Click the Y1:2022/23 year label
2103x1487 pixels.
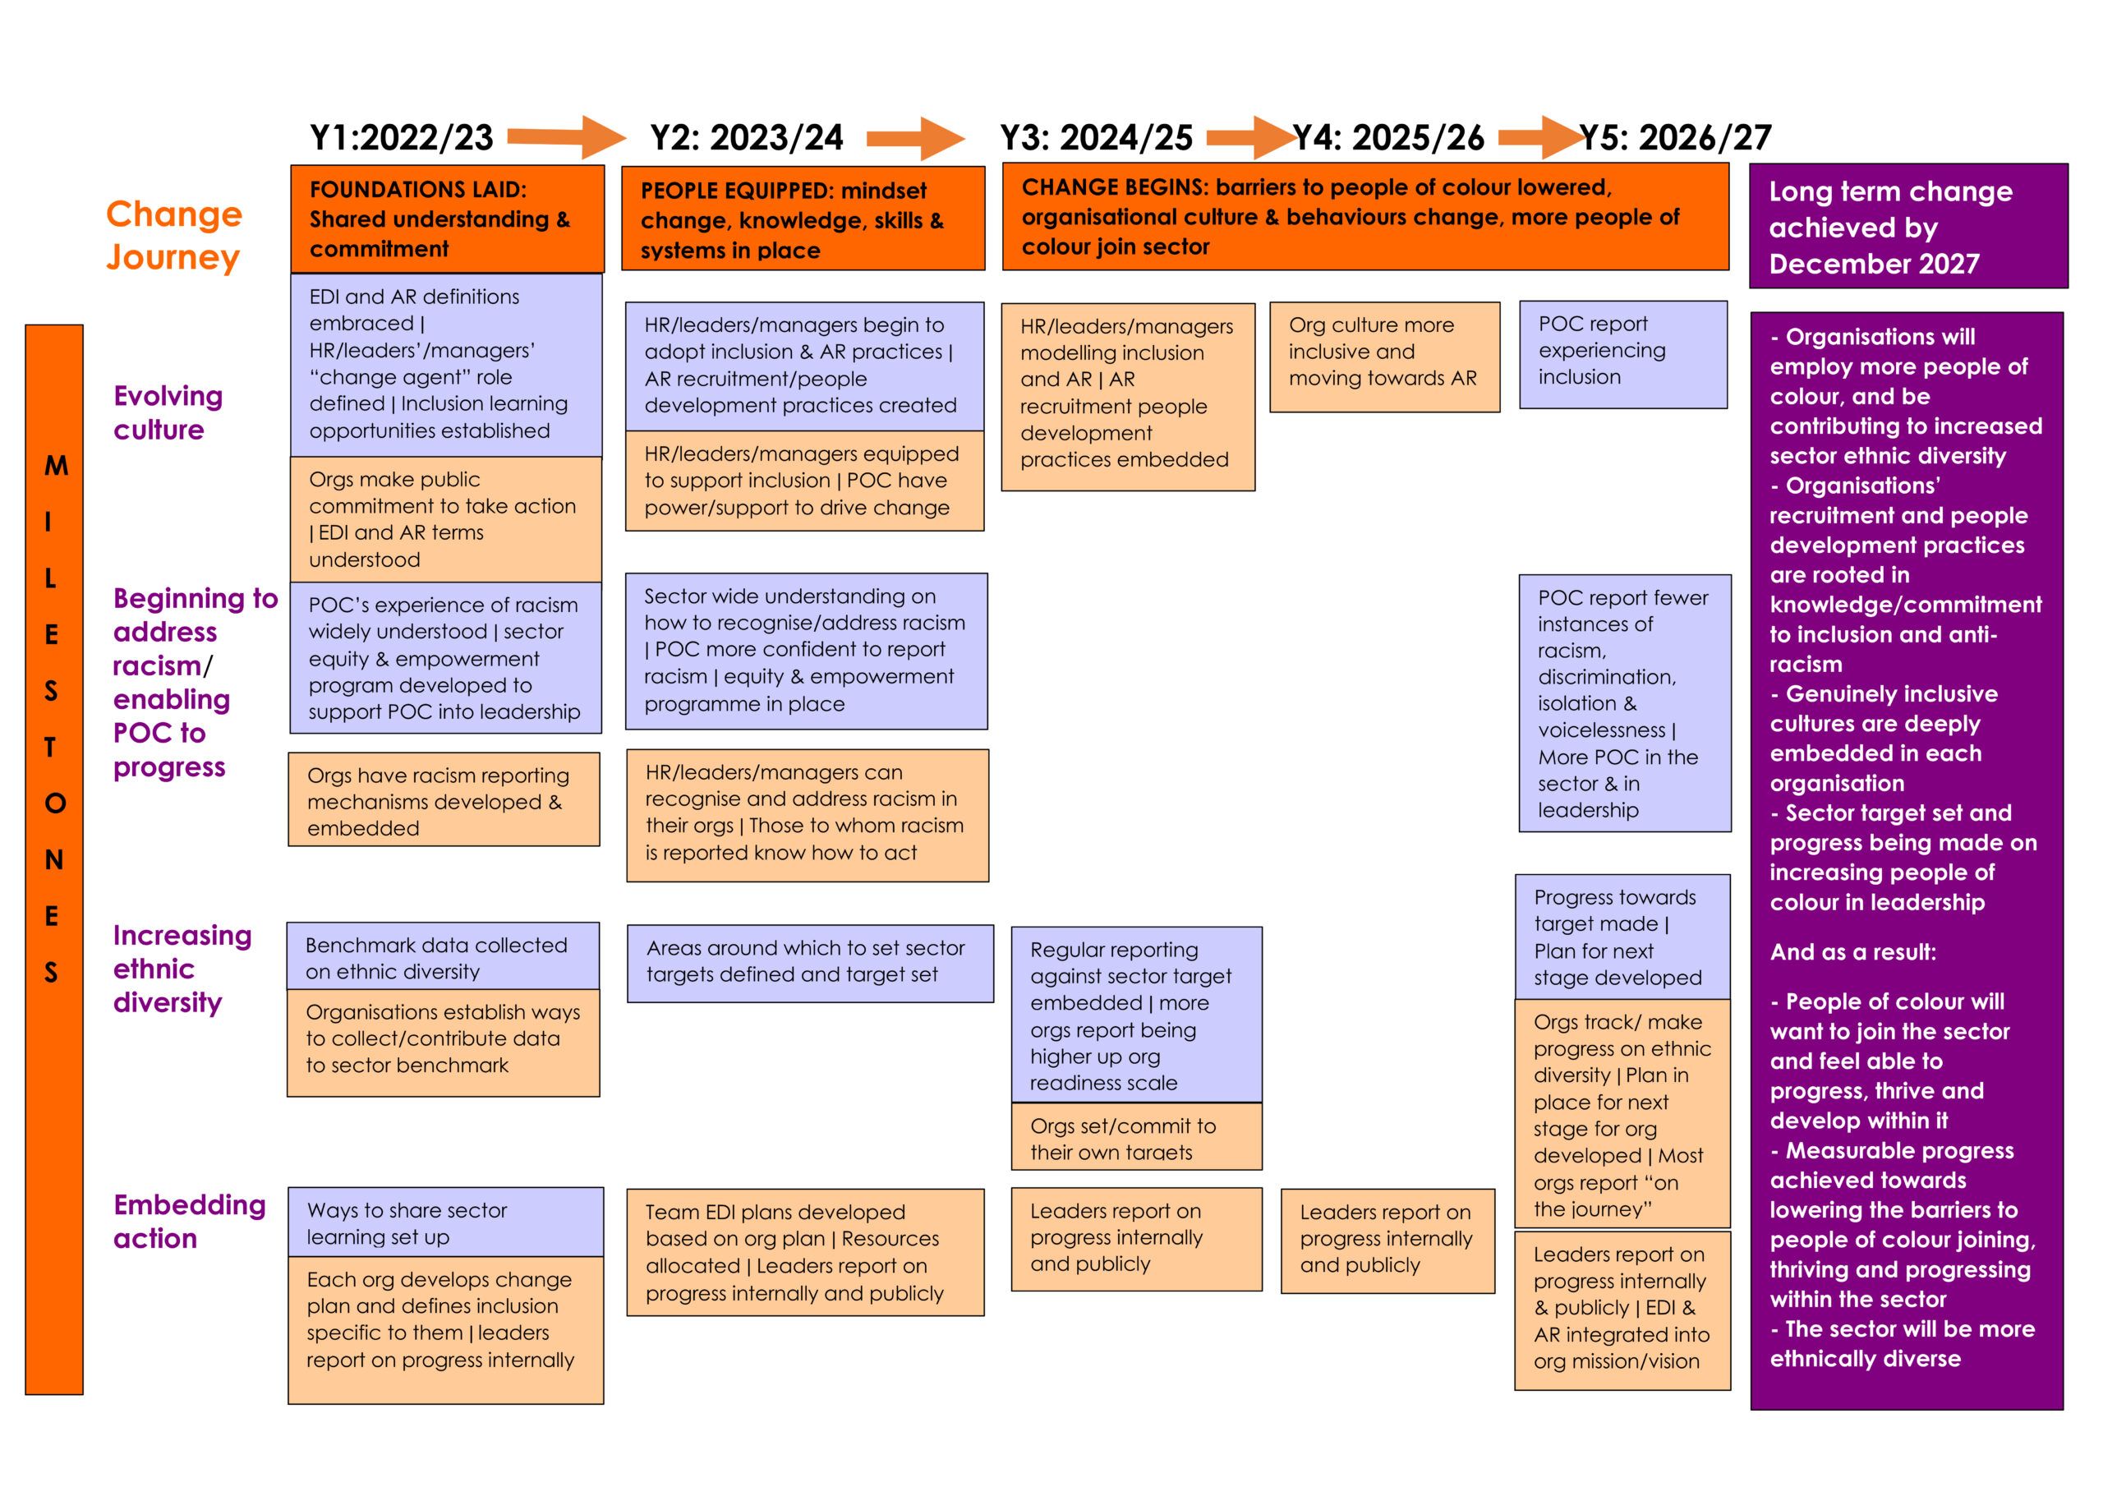click(x=401, y=137)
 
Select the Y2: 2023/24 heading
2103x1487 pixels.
click(x=747, y=137)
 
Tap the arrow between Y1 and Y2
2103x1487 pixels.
click(x=567, y=137)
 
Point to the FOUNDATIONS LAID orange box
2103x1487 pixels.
click(x=448, y=219)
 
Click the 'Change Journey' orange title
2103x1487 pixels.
click(x=174, y=236)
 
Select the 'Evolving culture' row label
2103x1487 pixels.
click(x=168, y=412)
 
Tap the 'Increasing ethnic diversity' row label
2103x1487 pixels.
click(x=182, y=969)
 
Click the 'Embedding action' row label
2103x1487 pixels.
click(x=190, y=1222)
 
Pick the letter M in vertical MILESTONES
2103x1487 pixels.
click(x=56, y=466)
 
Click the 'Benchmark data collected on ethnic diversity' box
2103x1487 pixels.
click(x=444, y=956)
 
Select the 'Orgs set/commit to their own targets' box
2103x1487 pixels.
click(x=1137, y=1137)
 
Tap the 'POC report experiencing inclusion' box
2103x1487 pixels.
click(x=1623, y=355)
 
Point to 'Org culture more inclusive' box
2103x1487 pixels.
click(x=1385, y=357)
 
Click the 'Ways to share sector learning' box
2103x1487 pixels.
click(x=446, y=1222)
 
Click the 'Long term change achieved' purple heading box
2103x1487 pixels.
click(x=1909, y=226)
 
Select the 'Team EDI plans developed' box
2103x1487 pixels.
click(x=805, y=1253)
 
